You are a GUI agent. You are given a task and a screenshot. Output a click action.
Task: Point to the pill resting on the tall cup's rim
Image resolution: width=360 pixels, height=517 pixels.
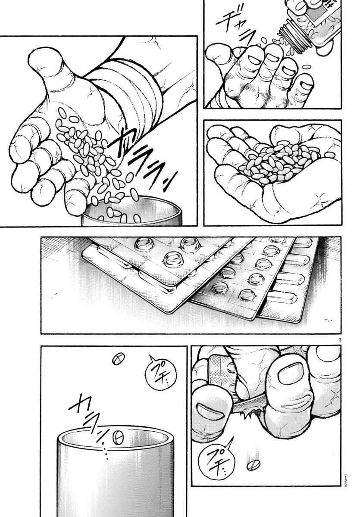(x=118, y=438)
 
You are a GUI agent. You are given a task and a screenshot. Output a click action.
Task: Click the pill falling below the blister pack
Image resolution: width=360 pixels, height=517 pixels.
(x=254, y=465)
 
